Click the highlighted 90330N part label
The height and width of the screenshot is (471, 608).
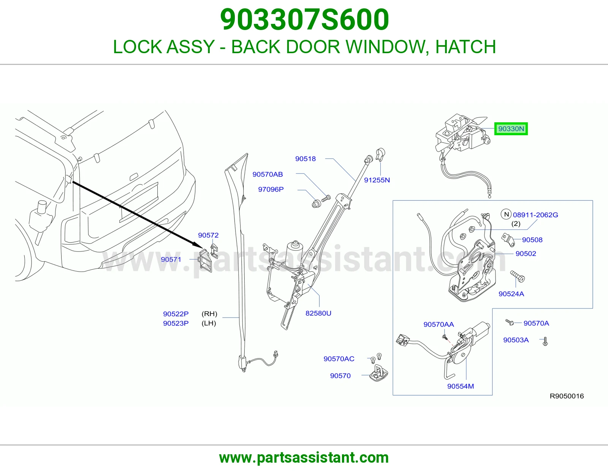511,129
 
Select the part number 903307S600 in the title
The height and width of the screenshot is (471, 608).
304,19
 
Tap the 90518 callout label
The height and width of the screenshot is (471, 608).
305,159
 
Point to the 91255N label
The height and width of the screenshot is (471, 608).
377,180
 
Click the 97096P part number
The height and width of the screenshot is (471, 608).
271,190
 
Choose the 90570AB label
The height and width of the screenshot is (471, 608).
268,174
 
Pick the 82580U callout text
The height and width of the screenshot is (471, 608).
318,313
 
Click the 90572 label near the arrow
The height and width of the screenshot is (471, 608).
208,235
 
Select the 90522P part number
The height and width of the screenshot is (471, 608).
176,314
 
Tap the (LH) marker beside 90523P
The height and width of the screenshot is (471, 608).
209,323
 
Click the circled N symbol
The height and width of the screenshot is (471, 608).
506,215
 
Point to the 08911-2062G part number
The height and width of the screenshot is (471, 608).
535,215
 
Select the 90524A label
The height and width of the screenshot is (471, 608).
511,294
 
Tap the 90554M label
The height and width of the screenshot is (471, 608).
461,386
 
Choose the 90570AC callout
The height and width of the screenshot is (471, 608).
339,359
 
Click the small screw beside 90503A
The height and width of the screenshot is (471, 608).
545,341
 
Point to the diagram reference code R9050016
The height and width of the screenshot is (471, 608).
567,396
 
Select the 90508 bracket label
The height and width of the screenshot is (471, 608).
532,240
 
